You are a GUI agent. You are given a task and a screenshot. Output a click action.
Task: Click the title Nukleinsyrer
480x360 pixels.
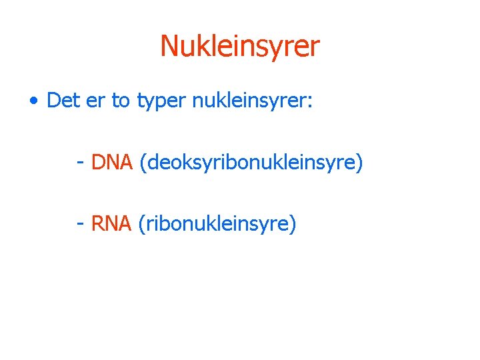(240, 47)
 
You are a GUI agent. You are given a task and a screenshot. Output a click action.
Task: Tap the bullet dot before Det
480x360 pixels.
(33, 101)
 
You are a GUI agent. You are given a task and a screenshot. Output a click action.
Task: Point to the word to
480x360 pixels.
(121, 101)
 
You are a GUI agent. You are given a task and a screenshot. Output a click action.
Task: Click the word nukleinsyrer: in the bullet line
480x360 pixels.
(251, 102)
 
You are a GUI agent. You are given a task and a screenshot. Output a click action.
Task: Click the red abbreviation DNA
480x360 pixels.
(112, 162)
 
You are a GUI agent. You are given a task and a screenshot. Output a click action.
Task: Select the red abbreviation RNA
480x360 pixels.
(111, 223)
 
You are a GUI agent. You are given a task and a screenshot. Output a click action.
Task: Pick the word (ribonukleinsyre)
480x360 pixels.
(217, 225)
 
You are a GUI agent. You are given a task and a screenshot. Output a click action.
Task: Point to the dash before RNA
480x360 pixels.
(80, 225)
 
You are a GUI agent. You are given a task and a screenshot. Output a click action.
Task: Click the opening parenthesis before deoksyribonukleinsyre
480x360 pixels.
(143, 163)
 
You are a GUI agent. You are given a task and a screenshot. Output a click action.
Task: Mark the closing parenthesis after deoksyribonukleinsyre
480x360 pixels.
(359, 163)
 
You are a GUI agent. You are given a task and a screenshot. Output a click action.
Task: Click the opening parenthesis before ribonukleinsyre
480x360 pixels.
(142, 225)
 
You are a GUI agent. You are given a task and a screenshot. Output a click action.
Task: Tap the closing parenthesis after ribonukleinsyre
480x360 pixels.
(292, 225)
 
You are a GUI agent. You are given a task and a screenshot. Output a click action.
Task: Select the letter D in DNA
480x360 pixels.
(98, 162)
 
